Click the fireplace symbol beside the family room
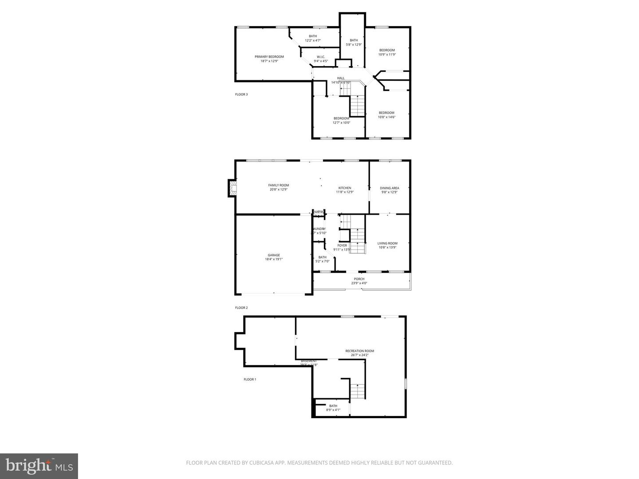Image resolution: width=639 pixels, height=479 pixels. click(x=232, y=188)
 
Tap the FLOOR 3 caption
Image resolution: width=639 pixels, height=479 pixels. click(x=241, y=94)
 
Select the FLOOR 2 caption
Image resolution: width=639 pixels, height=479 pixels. click(x=241, y=307)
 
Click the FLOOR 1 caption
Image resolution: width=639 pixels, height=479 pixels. click(x=250, y=379)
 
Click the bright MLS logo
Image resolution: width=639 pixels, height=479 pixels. click(x=39, y=466)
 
